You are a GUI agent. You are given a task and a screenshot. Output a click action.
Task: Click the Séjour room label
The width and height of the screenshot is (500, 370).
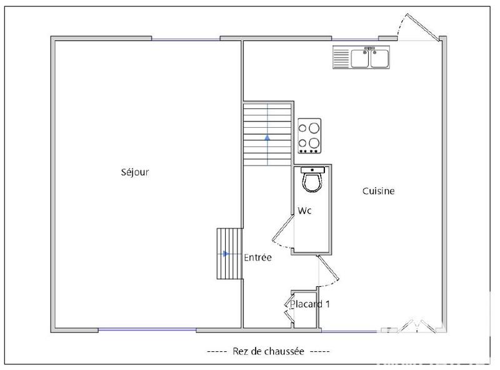pos(135,172)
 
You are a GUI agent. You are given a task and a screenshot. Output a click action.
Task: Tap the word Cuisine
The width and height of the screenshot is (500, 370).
pos(378,191)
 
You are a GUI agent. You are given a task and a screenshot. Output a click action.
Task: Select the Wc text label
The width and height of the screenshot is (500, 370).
pos(304,211)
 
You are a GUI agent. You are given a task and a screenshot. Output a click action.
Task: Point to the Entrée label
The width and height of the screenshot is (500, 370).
pos(257,257)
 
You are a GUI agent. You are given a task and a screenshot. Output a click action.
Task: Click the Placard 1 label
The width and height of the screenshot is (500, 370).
pos(309,304)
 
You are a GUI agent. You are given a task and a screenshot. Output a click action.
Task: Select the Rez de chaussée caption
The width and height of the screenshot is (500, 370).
pos(268,352)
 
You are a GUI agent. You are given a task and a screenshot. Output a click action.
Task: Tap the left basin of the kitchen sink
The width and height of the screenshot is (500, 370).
pos(360,59)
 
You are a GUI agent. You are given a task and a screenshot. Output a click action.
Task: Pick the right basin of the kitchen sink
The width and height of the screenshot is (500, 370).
pos(379,59)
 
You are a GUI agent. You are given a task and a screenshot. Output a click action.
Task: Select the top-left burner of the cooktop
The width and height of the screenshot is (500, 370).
pos(304,127)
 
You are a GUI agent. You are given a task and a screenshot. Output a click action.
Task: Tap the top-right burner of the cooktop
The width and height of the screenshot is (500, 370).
pos(314,128)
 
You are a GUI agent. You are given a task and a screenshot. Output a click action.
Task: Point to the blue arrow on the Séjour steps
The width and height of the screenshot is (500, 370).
pos(226,254)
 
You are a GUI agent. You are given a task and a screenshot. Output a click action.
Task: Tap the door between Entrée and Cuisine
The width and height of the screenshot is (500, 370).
pos(329,270)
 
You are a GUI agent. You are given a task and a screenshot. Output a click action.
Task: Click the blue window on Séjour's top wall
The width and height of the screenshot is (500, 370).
pos(186,39)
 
